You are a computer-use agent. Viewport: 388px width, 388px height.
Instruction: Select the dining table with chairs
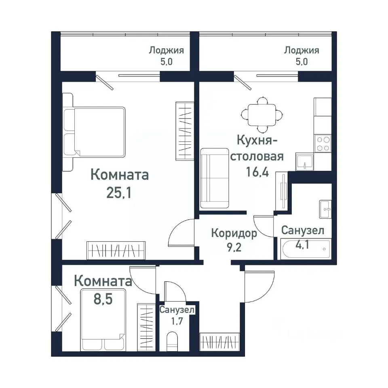click(262, 114)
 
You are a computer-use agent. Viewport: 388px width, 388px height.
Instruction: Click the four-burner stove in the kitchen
click(323, 143)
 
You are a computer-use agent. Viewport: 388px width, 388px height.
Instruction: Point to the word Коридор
click(234, 233)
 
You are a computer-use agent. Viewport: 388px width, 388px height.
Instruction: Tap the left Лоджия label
click(166, 51)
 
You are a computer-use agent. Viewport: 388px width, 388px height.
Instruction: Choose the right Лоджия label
click(302, 51)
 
